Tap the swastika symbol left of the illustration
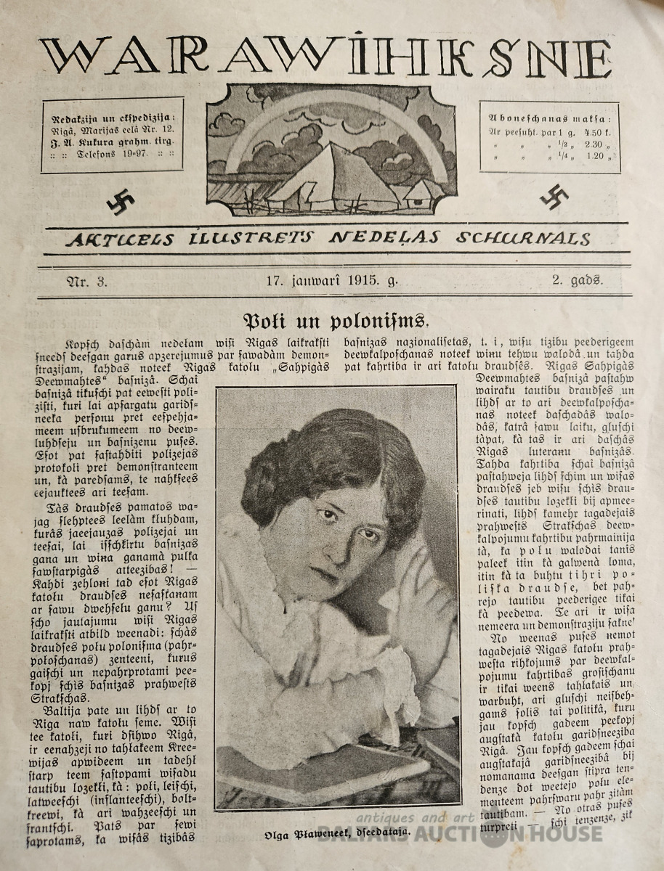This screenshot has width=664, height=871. click(x=121, y=203)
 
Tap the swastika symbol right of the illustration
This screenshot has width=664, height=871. click(x=554, y=196)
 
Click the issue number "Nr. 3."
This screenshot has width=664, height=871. click(x=86, y=282)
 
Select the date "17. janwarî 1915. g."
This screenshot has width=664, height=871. click(x=332, y=282)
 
